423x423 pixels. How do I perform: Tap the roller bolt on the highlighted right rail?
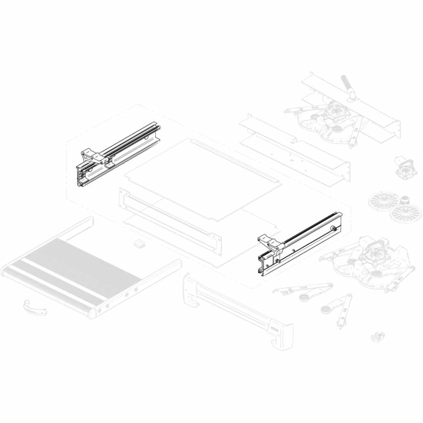[x=335, y=229]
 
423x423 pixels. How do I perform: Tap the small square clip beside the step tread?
[x=137, y=244]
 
